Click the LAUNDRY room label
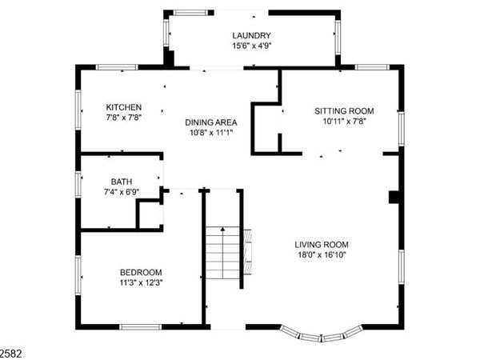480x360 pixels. click(x=251, y=35)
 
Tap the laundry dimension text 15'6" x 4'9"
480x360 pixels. click(x=251, y=46)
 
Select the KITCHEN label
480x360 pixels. click(x=124, y=107)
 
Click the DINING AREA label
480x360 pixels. click(x=211, y=122)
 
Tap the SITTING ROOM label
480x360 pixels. click(x=344, y=111)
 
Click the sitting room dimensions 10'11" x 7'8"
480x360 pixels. click(x=344, y=122)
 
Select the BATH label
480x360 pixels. click(x=122, y=181)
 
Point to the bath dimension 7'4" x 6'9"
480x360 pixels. click(x=122, y=192)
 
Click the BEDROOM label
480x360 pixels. click(x=141, y=271)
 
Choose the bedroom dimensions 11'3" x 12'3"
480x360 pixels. click(x=141, y=282)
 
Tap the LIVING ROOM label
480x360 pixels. click(x=321, y=245)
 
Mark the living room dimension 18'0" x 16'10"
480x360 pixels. click(x=321, y=256)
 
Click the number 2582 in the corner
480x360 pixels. click(x=10, y=351)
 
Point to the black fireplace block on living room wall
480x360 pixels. click(x=393, y=197)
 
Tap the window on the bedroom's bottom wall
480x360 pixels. click(x=142, y=326)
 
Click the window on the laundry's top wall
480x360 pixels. click(x=189, y=12)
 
